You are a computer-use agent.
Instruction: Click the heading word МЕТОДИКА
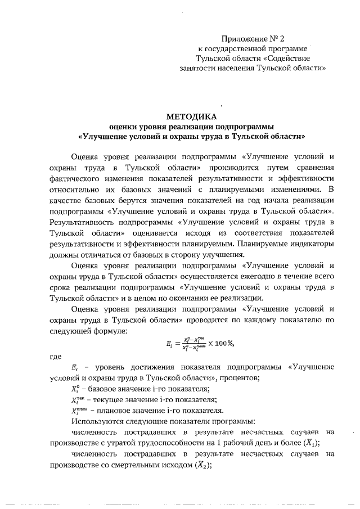[191, 116]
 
